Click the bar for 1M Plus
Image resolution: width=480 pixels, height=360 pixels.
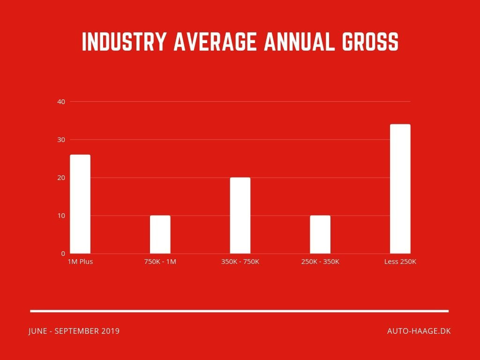[80, 204]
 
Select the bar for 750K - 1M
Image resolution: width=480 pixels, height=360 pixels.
[160, 235]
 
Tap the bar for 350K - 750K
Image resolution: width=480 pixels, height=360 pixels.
[240, 216]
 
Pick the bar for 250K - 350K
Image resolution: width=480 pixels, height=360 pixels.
[320, 235]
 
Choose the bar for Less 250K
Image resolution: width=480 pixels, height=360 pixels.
[400, 189]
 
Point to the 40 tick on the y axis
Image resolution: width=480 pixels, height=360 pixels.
[61, 102]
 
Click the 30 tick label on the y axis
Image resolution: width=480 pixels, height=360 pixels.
[61, 140]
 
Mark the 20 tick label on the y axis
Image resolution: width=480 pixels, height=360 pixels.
[61, 178]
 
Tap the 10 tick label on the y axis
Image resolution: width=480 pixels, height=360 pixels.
[61, 216]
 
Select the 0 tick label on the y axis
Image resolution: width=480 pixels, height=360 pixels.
[63, 254]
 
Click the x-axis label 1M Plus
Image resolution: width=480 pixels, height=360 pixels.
[81, 262]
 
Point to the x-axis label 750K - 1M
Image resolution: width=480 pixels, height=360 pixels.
[160, 262]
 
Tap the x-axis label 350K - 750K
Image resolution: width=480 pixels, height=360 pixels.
[240, 262]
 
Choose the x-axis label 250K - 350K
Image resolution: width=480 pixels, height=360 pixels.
[320, 262]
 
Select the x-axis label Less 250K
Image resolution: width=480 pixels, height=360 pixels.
[400, 262]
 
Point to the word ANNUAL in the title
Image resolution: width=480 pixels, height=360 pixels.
[297, 42]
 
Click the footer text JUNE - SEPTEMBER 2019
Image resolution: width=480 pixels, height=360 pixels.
[74, 331]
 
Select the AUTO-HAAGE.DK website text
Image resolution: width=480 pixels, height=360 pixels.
[419, 331]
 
